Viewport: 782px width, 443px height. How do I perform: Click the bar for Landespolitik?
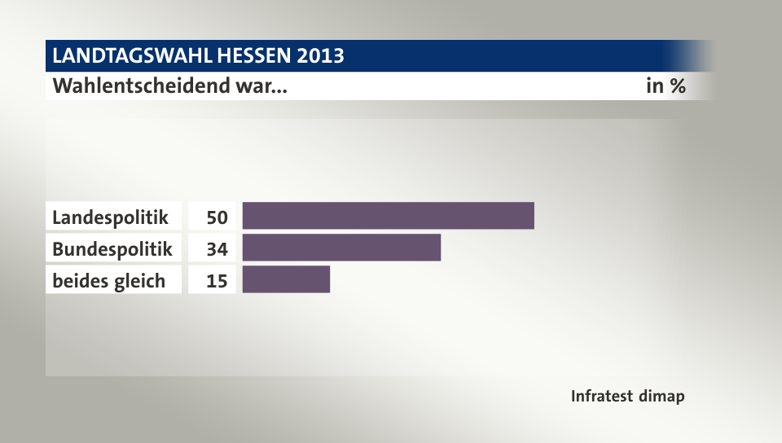[x=388, y=216]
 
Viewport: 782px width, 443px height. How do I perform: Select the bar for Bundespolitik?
[x=341, y=248]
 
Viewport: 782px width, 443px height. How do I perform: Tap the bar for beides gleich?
[x=286, y=279]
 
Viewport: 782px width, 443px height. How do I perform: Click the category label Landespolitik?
[x=111, y=217]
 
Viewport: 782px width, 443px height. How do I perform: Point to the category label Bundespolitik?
[x=112, y=248]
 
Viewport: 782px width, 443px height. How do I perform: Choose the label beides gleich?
[x=109, y=281]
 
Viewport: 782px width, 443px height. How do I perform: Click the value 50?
[x=216, y=217]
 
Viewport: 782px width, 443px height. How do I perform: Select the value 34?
[x=216, y=248]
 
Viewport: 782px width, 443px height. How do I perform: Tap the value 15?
[x=216, y=281]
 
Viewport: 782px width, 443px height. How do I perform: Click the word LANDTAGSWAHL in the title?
[x=131, y=56]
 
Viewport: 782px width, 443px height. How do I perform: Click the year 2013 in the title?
[x=321, y=56]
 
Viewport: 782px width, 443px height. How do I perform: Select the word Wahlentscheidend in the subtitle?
[x=141, y=86]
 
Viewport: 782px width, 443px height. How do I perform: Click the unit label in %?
[x=666, y=86]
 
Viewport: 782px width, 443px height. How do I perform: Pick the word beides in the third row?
[x=79, y=281]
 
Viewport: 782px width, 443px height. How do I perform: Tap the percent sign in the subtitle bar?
[x=676, y=86]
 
